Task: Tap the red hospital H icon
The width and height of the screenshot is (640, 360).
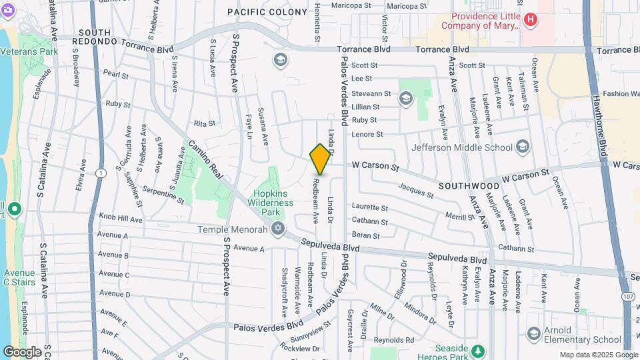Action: pos(530,20)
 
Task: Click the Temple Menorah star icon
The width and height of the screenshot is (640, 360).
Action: pos(278,230)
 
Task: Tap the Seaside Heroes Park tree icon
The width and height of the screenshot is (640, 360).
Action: pos(477,351)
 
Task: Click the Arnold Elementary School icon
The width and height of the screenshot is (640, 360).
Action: pos(533,333)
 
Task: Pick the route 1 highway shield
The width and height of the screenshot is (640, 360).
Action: pos(101,173)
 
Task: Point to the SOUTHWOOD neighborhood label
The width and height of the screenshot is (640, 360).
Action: pos(469,185)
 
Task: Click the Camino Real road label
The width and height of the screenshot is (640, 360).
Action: pos(205,159)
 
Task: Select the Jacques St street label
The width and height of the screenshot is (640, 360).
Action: pos(415,190)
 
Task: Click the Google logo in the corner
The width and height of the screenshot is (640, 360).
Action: pos(22,351)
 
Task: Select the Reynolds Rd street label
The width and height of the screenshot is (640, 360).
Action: pos(394,340)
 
